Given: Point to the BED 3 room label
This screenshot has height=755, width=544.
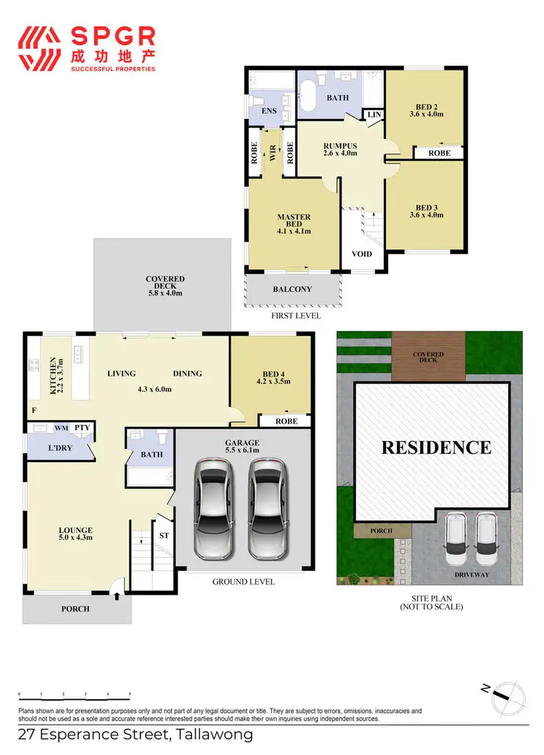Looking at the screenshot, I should [426, 210].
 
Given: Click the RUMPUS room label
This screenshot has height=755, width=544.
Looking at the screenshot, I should [339, 149].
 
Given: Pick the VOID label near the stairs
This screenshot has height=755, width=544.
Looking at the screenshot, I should [361, 254].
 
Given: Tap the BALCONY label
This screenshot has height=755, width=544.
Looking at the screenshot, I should [292, 289].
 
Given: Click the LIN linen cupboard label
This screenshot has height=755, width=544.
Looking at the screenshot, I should [374, 115].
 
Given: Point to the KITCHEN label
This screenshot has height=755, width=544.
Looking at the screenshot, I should [54, 375].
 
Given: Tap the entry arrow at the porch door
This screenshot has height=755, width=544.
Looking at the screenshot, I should [118, 595].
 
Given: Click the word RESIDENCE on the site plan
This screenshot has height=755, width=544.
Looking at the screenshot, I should [436, 447].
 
